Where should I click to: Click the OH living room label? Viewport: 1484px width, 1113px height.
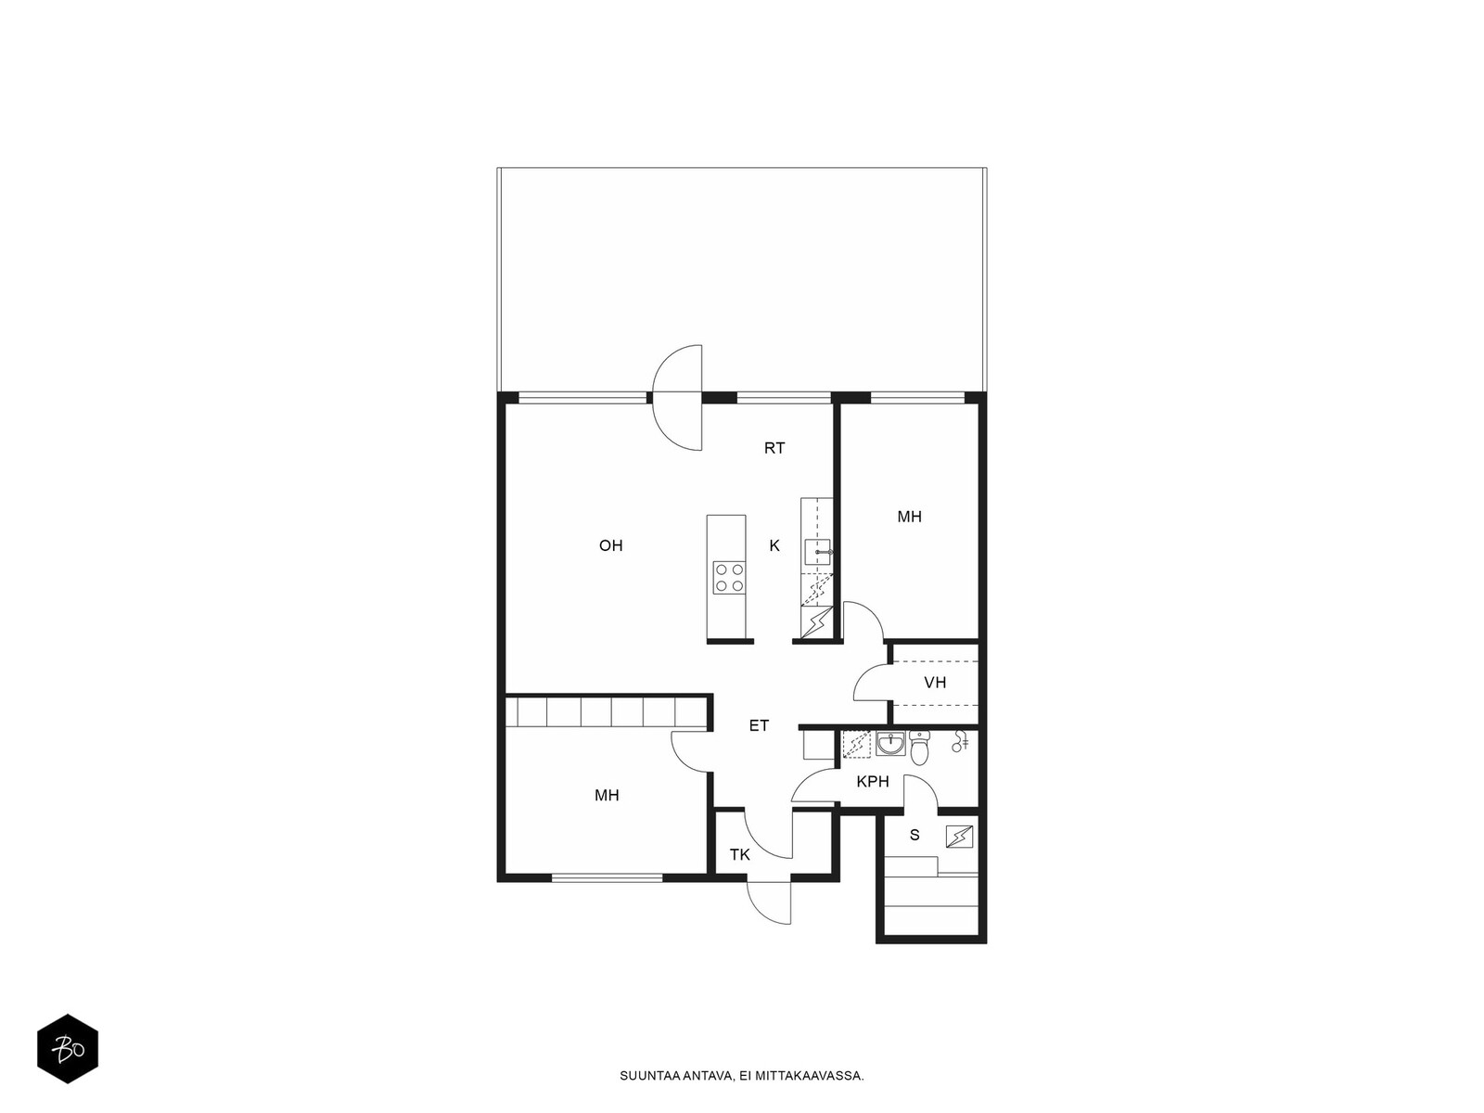[610, 545]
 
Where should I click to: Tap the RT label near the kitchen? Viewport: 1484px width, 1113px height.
[774, 447]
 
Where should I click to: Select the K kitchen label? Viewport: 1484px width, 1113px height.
[774, 545]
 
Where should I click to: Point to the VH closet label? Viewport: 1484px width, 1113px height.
[935, 683]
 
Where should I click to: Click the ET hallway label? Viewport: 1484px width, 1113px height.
[759, 725]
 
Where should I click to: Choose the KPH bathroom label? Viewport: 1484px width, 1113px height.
[873, 782]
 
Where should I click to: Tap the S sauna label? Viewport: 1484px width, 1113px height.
[915, 836]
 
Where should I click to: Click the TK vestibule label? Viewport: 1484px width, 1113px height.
[739, 855]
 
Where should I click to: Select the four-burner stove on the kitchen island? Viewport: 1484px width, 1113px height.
[729, 578]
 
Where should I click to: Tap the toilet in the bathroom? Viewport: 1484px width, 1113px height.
[919, 747]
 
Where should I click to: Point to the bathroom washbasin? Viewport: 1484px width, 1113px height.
[891, 743]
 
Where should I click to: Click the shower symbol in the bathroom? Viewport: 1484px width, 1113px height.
[959, 741]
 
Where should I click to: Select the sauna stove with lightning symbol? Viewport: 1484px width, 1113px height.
[959, 838]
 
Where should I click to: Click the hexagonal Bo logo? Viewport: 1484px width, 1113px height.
[68, 1049]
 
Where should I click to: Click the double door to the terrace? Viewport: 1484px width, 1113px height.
[677, 397]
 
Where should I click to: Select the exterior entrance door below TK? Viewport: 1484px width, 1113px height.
[769, 902]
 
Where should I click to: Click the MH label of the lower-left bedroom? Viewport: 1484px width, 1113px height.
[607, 796]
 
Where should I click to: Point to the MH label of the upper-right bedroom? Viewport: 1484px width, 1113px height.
[909, 517]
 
